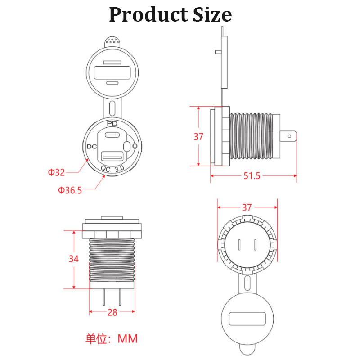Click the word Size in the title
coord(211,15)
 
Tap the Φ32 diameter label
coord(57,172)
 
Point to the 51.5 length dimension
coord(252,176)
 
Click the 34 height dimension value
coord(74,259)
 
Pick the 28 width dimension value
coord(112,312)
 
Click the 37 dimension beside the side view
coord(198,137)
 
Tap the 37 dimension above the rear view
coord(247,207)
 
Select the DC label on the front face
coord(92,147)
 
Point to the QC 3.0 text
coord(112,169)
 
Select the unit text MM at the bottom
coord(127,338)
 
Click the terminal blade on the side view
coord(288,136)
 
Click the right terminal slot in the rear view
coord(255,245)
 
